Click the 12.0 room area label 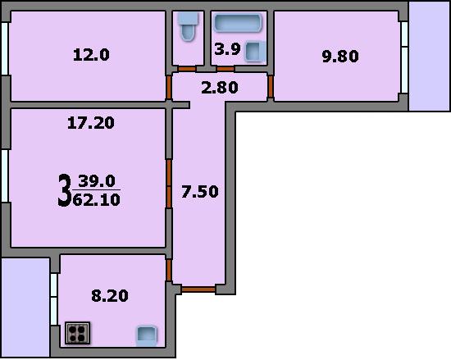pos(91,55)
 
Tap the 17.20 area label pos(91,123)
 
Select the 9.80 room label pos(340,56)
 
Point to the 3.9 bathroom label pos(227,49)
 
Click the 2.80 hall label pos(220,88)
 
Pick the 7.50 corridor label pos(200,192)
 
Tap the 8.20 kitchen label pos(110,295)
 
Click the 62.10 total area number pos(97,199)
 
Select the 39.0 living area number pos(97,181)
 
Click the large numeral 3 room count pos(65,190)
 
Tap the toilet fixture pos(189,26)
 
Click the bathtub pos(238,22)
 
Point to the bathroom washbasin pos(255,51)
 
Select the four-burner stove pos(77,333)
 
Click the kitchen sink pos(147,335)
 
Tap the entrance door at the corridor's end pos(198,289)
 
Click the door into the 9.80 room pos(271,86)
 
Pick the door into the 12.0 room pos(169,87)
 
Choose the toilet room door pos(187,69)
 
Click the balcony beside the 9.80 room pos(429,56)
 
